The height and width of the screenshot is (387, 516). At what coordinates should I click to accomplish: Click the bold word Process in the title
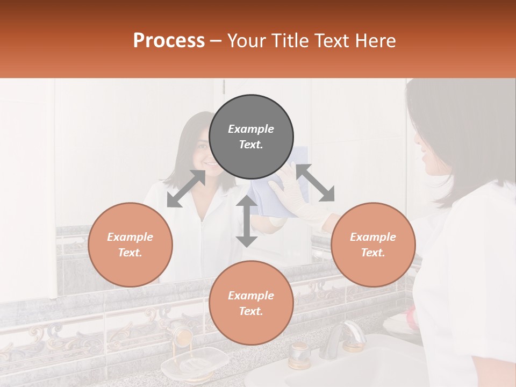169,41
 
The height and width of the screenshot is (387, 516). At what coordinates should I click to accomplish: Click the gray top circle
251,137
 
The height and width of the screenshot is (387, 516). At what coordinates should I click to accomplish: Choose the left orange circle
130,245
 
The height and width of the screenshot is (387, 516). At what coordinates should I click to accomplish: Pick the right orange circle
372,245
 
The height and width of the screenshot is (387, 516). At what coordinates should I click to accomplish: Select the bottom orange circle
251,303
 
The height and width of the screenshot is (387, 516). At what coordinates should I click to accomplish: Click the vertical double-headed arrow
247,221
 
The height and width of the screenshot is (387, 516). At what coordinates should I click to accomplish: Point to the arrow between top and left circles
186,188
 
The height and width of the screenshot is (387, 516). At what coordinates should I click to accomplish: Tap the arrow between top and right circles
315,183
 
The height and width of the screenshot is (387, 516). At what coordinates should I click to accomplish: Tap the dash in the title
216,41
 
